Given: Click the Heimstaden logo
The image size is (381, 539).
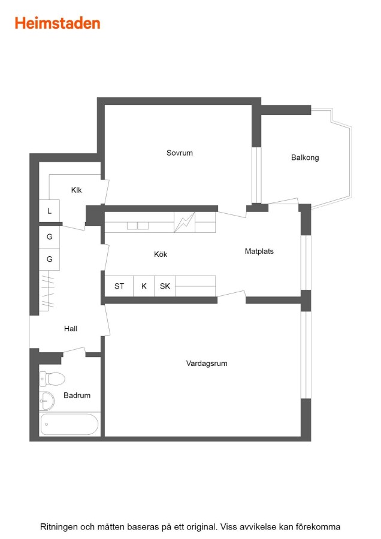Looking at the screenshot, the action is (58, 23).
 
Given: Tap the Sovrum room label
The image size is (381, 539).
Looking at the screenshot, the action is (180, 153).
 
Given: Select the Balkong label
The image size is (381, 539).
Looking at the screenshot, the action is (305, 158).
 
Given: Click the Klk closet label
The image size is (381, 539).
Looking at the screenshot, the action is (76, 190).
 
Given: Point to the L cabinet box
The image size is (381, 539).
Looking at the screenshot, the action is (49, 211).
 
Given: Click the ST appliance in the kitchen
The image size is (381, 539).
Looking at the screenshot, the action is (119, 286).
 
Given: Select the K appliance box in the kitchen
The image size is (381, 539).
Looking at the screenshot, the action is (144, 286).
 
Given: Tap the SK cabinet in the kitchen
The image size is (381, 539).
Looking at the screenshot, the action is (165, 286).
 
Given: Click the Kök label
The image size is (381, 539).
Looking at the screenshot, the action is (161, 255).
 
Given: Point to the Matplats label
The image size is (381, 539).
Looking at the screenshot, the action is (259, 252).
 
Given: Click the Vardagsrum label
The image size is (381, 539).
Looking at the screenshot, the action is (207, 364).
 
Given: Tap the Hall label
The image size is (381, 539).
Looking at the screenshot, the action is (71, 329).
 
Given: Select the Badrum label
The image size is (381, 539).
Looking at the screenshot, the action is (77, 395).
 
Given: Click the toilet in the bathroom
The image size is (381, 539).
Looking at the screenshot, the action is (52, 379).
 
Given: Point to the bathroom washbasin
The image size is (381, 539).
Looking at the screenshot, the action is (47, 401).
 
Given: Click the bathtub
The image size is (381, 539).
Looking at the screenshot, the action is (69, 424).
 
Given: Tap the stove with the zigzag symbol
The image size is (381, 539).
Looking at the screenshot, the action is (185, 222).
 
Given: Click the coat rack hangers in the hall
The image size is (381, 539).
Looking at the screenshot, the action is (47, 291).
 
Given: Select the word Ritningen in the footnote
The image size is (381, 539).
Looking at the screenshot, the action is (59, 527).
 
